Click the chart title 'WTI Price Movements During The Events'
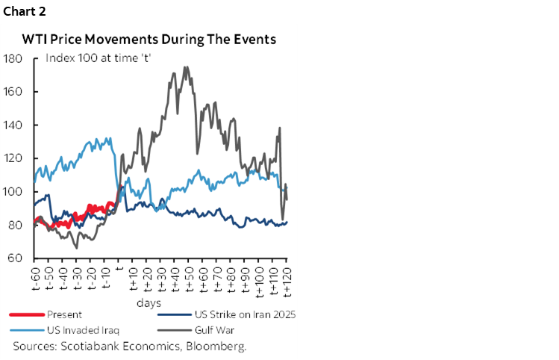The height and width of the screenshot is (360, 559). tap(149, 39)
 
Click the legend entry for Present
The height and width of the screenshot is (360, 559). tap(65, 315)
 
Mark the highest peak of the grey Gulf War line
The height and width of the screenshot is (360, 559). tap(185, 67)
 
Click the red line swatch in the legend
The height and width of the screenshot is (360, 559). tap(25, 315)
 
